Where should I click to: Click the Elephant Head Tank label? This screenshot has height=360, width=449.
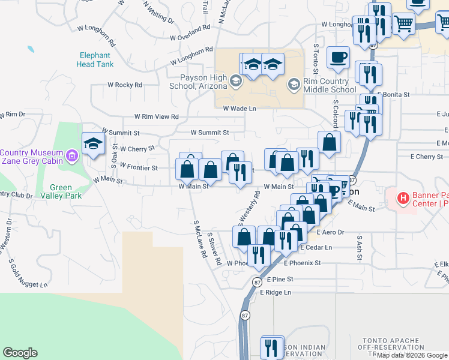point(95,59)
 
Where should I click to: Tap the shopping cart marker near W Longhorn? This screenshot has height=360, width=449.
point(404,25)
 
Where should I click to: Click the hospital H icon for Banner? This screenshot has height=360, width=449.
point(403,197)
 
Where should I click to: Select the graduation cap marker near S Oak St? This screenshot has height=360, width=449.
point(93,144)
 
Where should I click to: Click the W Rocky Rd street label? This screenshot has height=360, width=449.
point(124,85)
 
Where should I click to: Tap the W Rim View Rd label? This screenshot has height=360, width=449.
point(157,116)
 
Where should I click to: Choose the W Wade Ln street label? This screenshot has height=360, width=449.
point(240,109)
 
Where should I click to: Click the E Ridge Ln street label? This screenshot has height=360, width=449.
point(276,292)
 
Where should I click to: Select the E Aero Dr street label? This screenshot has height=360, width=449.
point(330,232)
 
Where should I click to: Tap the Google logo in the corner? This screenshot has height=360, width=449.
point(20,353)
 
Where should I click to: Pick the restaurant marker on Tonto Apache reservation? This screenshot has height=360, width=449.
point(273,347)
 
